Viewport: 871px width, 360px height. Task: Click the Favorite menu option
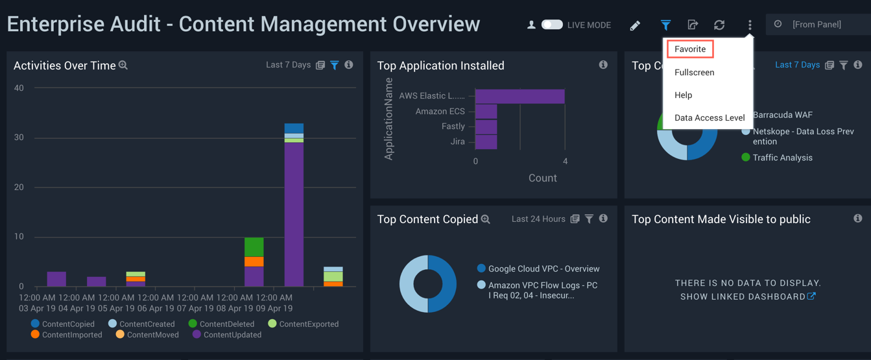tap(690, 49)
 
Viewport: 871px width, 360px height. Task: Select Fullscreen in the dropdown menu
tap(694, 73)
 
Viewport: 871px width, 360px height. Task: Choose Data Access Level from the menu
tap(709, 118)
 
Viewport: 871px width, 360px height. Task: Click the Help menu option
tap(683, 95)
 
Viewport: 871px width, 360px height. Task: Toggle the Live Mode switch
tap(552, 25)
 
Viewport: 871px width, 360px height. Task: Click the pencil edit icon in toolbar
tap(635, 25)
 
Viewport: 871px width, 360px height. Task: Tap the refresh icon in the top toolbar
tap(719, 25)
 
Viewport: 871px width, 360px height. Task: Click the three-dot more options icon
tap(750, 25)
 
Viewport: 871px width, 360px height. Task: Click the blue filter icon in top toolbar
tap(665, 25)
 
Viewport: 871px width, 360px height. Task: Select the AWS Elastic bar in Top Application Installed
tap(519, 96)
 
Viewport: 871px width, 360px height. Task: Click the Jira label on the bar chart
tap(457, 141)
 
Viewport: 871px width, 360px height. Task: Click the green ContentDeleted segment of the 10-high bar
tap(254, 247)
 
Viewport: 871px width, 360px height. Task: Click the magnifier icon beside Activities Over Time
tap(123, 66)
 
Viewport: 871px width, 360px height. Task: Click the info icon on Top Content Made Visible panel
tap(857, 219)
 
